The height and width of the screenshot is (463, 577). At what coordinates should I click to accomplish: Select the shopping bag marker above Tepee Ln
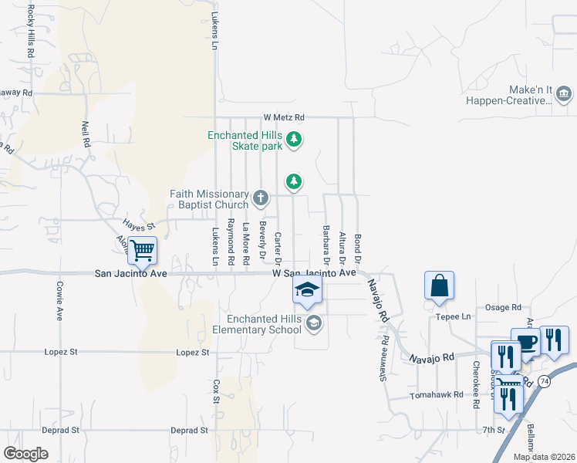439,285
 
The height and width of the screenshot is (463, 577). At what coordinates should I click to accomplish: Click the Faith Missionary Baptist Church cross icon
261,199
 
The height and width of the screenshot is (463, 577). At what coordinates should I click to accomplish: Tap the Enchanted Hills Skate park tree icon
293,140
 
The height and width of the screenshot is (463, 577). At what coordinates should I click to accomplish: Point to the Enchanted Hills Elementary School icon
313,323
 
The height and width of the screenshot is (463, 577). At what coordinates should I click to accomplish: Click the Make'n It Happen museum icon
563,94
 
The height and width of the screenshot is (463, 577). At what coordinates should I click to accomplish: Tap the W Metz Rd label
284,117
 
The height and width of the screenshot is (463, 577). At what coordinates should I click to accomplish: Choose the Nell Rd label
86,135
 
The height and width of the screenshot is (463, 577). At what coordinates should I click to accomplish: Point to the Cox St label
217,390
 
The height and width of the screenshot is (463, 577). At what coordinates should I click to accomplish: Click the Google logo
25,454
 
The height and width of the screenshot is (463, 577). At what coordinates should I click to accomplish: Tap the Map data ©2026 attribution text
544,457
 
